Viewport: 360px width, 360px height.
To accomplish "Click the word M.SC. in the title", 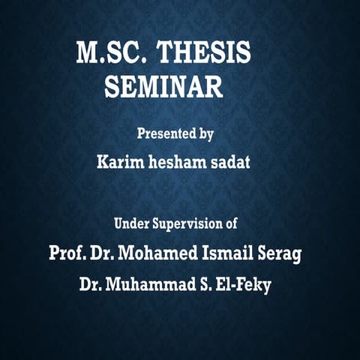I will coord(110,54).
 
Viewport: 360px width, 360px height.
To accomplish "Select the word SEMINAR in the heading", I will coord(163,87).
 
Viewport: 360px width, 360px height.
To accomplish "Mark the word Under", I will coord(130,223).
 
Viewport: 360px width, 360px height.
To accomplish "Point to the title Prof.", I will coord(66,253).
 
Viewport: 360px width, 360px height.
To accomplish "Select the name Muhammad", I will coord(150,285).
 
